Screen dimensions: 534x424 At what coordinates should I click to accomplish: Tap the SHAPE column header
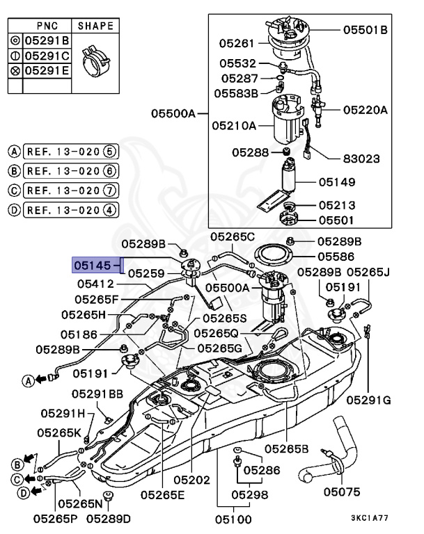pyautogui.click(x=95, y=25)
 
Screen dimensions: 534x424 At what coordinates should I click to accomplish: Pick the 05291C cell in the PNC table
pyautogui.click(x=47, y=55)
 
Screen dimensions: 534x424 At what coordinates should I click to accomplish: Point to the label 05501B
pyautogui.click(x=365, y=30)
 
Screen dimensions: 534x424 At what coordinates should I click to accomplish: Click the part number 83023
pyautogui.click(x=361, y=159)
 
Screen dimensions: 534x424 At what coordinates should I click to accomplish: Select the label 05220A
pyautogui.click(x=365, y=110)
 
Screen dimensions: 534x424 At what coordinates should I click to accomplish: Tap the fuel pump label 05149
pyautogui.click(x=338, y=182)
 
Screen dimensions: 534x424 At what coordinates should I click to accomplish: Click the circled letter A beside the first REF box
pyautogui.click(x=14, y=151)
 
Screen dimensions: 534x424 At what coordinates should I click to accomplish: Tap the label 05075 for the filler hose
pyautogui.click(x=342, y=492)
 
